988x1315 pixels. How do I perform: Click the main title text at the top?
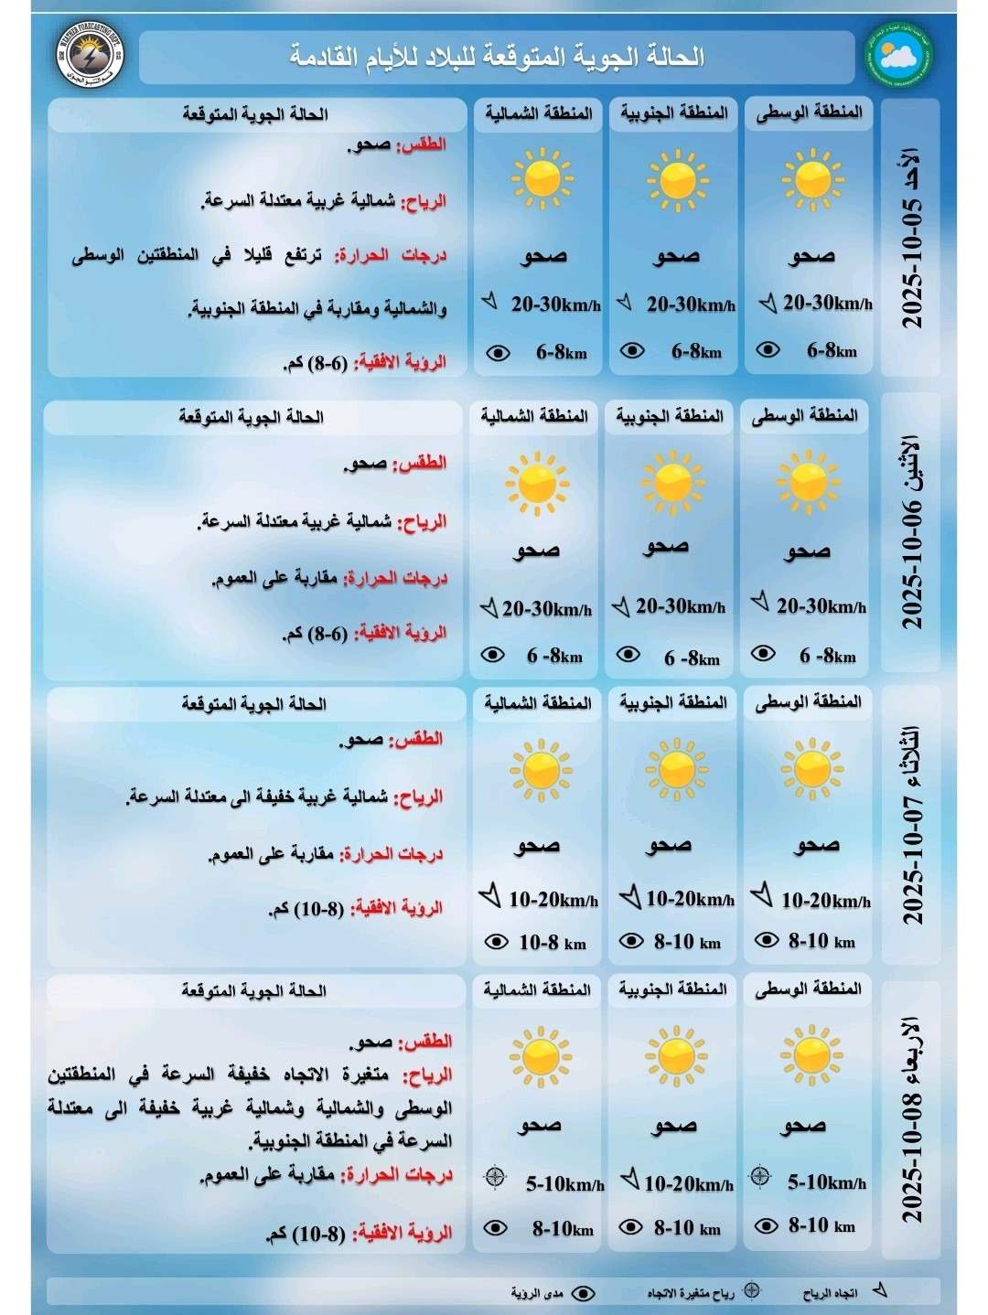coord(497,57)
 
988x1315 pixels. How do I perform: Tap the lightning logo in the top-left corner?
coord(90,54)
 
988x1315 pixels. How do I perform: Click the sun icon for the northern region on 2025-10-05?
coord(542,177)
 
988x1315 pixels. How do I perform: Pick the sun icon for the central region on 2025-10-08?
coord(811,1053)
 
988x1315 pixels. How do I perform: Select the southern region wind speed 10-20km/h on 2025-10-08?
coord(688,1184)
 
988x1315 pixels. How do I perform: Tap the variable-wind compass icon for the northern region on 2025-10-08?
coord(495,1177)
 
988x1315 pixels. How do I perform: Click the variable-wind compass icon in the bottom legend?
coord(751,1290)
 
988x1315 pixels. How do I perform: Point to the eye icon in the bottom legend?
coord(583,1293)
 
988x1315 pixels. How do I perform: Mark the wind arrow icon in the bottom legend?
coord(879,1290)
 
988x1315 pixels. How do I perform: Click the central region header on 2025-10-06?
coord(805,416)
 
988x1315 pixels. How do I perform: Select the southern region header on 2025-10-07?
coord(672,702)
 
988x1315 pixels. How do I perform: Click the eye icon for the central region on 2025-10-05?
coord(768,349)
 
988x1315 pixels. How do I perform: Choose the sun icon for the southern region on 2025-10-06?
coord(673,479)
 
